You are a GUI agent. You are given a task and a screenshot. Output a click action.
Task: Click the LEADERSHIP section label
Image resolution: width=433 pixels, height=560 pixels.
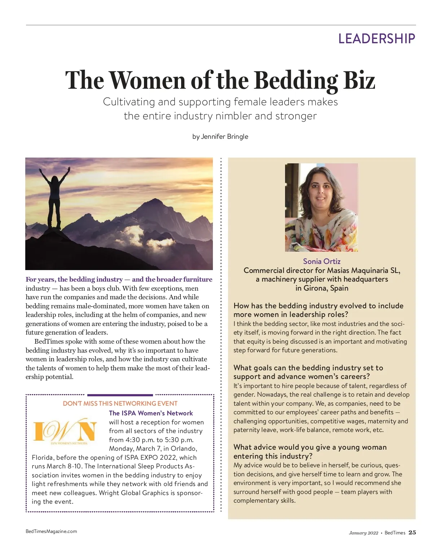pos(376,39)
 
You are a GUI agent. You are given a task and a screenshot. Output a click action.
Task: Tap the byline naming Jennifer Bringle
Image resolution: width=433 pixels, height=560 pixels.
pos(220,137)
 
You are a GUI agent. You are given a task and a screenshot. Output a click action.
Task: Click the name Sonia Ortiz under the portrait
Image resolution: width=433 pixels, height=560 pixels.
pos(322,261)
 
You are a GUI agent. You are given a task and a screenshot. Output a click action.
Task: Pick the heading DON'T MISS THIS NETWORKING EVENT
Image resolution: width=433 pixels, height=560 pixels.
pos(120,404)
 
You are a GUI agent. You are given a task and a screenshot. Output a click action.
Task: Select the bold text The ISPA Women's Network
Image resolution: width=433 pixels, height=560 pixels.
pos(151,413)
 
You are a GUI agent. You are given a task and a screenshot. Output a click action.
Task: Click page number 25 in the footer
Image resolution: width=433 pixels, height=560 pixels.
pos(412,533)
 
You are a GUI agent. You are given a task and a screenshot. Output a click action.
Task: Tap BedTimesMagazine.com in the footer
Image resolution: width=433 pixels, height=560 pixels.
pos(51,531)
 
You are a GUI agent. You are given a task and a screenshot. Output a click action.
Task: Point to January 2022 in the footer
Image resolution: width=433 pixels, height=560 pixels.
pos(363,533)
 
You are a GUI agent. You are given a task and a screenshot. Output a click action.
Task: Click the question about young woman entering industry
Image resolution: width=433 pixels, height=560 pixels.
pos(310,451)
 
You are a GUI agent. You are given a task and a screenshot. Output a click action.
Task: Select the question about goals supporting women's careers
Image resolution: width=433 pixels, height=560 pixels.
pos(308,372)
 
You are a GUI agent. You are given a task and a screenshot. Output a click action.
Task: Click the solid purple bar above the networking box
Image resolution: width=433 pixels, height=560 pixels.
pos(120,395)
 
